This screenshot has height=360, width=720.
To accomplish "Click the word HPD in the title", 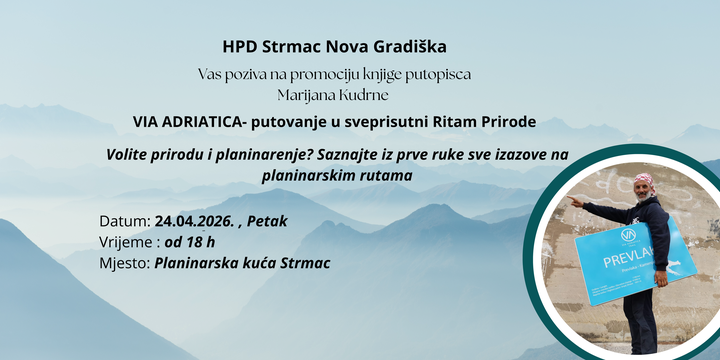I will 240,46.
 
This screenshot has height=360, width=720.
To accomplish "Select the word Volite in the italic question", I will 127,155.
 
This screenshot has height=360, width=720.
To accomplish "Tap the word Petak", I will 267,221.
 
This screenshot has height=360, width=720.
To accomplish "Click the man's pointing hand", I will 575,201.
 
